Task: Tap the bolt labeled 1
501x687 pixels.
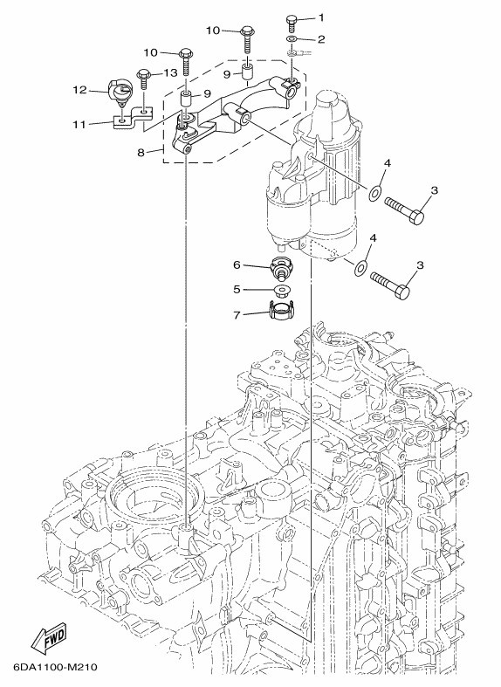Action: pyautogui.click(x=292, y=23)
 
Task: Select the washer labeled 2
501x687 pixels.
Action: pyautogui.click(x=292, y=39)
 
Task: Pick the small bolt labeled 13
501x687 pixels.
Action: pyautogui.click(x=144, y=79)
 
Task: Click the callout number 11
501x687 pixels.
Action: pyautogui.click(x=79, y=125)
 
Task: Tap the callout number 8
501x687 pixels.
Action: pyautogui.click(x=141, y=153)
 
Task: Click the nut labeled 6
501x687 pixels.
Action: pyautogui.click(x=280, y=267)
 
